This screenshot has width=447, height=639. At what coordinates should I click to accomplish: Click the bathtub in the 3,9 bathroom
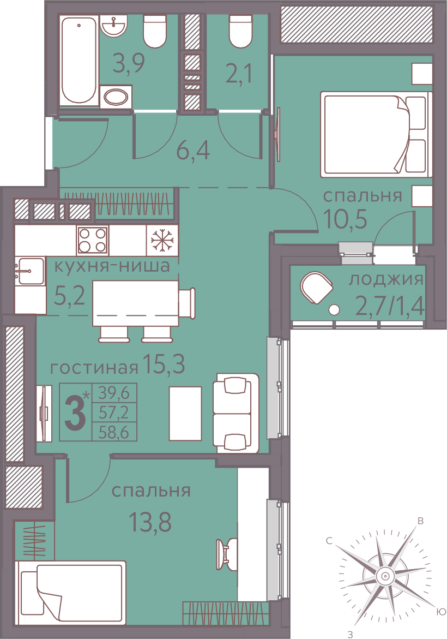(79, 61)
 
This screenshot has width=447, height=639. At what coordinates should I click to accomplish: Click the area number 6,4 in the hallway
(193, 151)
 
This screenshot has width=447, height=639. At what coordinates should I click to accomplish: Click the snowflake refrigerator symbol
(162, 240)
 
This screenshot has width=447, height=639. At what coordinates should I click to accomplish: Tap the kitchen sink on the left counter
(29, 271)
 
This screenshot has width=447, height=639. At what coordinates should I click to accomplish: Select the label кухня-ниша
(112, 266)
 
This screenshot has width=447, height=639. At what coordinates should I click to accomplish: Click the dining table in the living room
(136, 303)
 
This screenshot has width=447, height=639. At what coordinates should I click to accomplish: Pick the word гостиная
(94, 368)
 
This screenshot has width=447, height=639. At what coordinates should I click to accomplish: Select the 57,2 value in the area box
(113, 413)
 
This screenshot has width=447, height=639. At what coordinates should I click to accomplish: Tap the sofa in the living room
(236, 413)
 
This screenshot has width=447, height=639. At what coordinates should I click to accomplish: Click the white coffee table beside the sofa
(185, 413)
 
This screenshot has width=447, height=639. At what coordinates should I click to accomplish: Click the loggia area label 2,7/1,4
(390, 306)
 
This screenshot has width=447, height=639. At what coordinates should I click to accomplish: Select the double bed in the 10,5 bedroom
(376, 134)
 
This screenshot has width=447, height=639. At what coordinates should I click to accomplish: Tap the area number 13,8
(150, 522)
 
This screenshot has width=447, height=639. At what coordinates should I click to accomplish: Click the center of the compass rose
(383, 576)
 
